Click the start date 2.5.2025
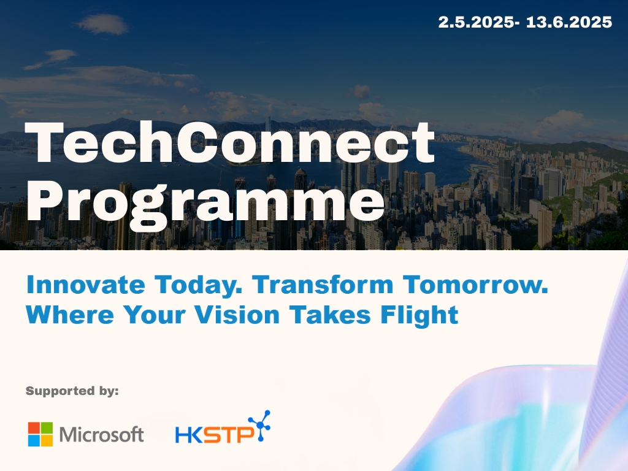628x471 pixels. coord(475,22)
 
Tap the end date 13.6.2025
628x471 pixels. coord(569,22)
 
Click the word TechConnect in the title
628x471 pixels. coord(230,143)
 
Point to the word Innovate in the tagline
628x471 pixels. coord(86,285)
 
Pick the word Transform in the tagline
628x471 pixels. coord(323,285)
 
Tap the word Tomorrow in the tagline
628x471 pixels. coord(475,285)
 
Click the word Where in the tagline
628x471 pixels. coord(70,315)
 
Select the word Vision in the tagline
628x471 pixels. coord(237,315)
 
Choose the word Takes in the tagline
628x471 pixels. coord(329,315)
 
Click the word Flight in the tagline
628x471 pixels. coord(419,316)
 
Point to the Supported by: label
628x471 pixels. coord(72,391)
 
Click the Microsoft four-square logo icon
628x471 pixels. coord(40,434)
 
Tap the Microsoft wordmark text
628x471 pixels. coord(102,435)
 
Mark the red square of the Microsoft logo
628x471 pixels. coord(34,427)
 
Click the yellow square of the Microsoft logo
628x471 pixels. coord(47,440)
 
